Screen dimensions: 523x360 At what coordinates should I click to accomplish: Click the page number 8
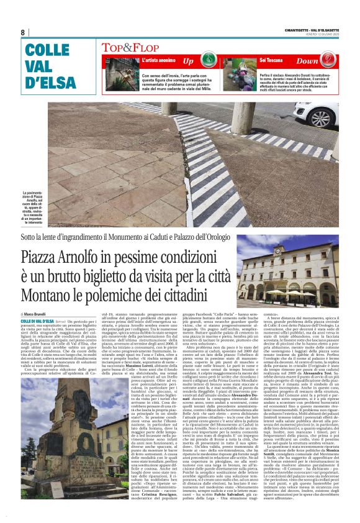(x=23, y=32)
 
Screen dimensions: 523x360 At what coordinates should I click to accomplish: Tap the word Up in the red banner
(x=188, y=61)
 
